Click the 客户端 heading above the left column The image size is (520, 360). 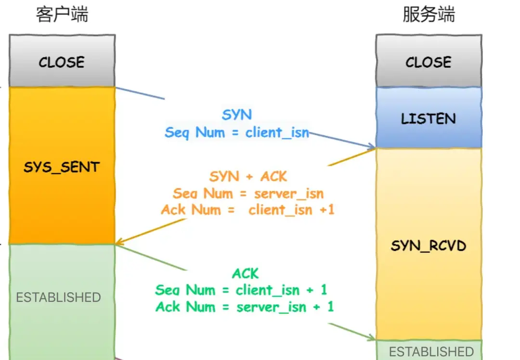[x=62, y=15]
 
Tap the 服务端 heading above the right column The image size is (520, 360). [x=429, y=15]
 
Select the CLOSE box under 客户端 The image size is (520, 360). [x=62, y=62]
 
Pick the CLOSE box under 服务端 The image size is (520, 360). [x=429, y=62]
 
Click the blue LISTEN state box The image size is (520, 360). [x=429, y=118]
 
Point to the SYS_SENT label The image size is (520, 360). [x=62, y=167]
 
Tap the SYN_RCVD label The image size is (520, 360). [x=429, y=246]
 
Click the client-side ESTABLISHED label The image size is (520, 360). [x=59, y=297]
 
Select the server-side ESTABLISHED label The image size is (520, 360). [x=431, y=351]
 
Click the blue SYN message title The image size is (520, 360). [x=237, y=115]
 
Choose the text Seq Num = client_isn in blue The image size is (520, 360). [x=237, y=132]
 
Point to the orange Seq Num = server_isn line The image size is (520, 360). [x=248, y=193]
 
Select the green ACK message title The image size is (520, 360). [x=246, y=274]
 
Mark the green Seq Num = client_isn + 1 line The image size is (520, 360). [x=241, y=290]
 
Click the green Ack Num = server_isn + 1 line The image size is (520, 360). [x=245, y=307]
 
